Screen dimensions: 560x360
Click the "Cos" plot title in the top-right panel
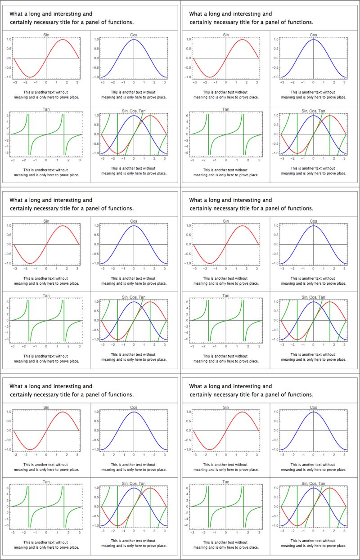tap(313, 35)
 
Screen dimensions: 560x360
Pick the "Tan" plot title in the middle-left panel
tap(46, 296)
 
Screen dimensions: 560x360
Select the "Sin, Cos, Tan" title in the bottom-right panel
tap(313, 484)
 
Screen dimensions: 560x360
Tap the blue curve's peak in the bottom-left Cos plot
tap(134, 412)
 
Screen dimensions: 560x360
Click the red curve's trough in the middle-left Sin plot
tap(30, 263)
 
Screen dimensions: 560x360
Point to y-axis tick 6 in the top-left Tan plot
tap(8, 116)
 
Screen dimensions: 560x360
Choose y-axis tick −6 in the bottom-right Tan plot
tap(187, 525)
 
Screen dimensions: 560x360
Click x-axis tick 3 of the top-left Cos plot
tap(165, 83)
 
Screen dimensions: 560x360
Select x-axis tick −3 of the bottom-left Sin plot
tap(14, 455)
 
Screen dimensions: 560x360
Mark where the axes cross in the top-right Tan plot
tap(226, 134)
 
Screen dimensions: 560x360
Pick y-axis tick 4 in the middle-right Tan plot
tap(187, 308)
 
